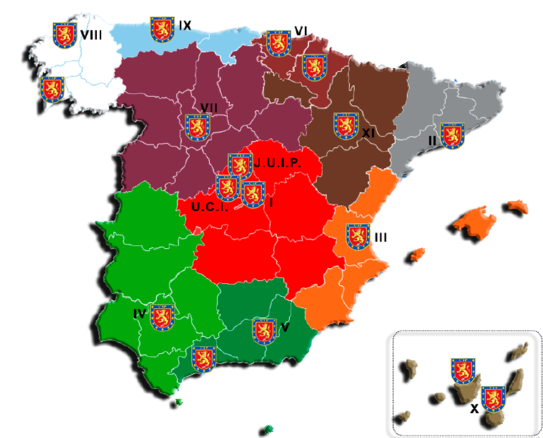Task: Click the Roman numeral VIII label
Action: pos(91,34)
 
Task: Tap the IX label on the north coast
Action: pos(185,26)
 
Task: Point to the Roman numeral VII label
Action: pos(209,107)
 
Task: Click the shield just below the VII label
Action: pos(198,127)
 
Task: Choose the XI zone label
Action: pos(369,133)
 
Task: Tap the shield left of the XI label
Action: pos(347,125)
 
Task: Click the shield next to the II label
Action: pos(452,136)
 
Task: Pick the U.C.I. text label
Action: pos(209,208)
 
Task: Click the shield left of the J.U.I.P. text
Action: pos(240,165)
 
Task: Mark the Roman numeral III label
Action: pos(381,237)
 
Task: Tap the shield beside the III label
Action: pos(358,237)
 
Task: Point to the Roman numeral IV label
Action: pos(139,314)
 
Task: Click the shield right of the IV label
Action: pos(162,317)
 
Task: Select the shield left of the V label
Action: pos(264,330)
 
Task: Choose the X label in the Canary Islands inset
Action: pos(474,409)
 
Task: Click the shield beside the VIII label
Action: pos(66,34)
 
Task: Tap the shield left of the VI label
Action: pos(278,42)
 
